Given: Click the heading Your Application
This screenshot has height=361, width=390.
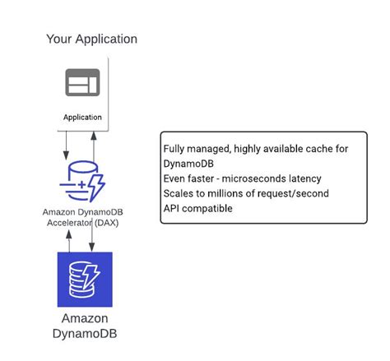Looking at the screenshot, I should [91, 39].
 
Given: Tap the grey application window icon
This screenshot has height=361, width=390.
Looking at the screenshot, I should [82, 83].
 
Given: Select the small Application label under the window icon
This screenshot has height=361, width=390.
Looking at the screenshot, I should [82, 118].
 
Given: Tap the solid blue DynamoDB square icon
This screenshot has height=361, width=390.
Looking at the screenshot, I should [84, 280].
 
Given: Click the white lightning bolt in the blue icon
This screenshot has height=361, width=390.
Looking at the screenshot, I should [93, 274].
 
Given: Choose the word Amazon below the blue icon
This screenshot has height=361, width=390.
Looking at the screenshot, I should [84, 319].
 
